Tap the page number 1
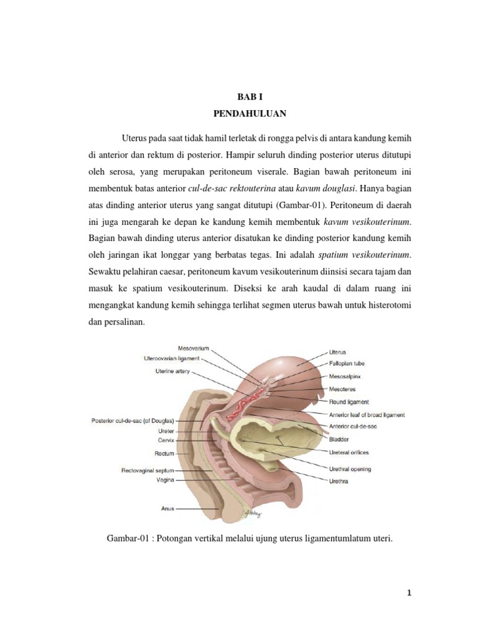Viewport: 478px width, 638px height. tap(409, 593)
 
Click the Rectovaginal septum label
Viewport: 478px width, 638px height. tap(148, 470)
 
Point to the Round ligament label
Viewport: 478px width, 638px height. tap(349, 402)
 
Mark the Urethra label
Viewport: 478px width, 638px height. tap(340, 480)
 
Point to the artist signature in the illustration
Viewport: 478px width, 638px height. tap(254, 513)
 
